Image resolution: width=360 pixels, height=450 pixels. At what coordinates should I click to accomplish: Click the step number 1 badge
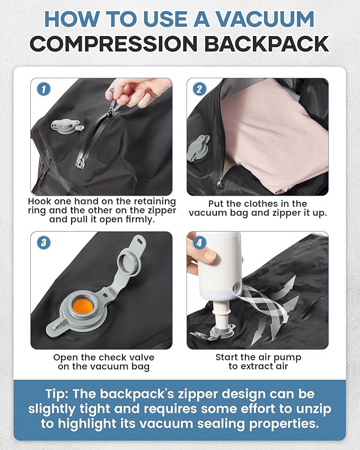(43, 89)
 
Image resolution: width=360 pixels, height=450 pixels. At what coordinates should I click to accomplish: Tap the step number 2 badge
(199, 89)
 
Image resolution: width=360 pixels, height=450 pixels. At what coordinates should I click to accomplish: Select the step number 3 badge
(43, 243)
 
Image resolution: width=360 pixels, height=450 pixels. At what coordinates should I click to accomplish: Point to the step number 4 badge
(199, 243)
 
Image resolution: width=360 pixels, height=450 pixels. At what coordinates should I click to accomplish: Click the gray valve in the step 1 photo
(66, 126)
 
